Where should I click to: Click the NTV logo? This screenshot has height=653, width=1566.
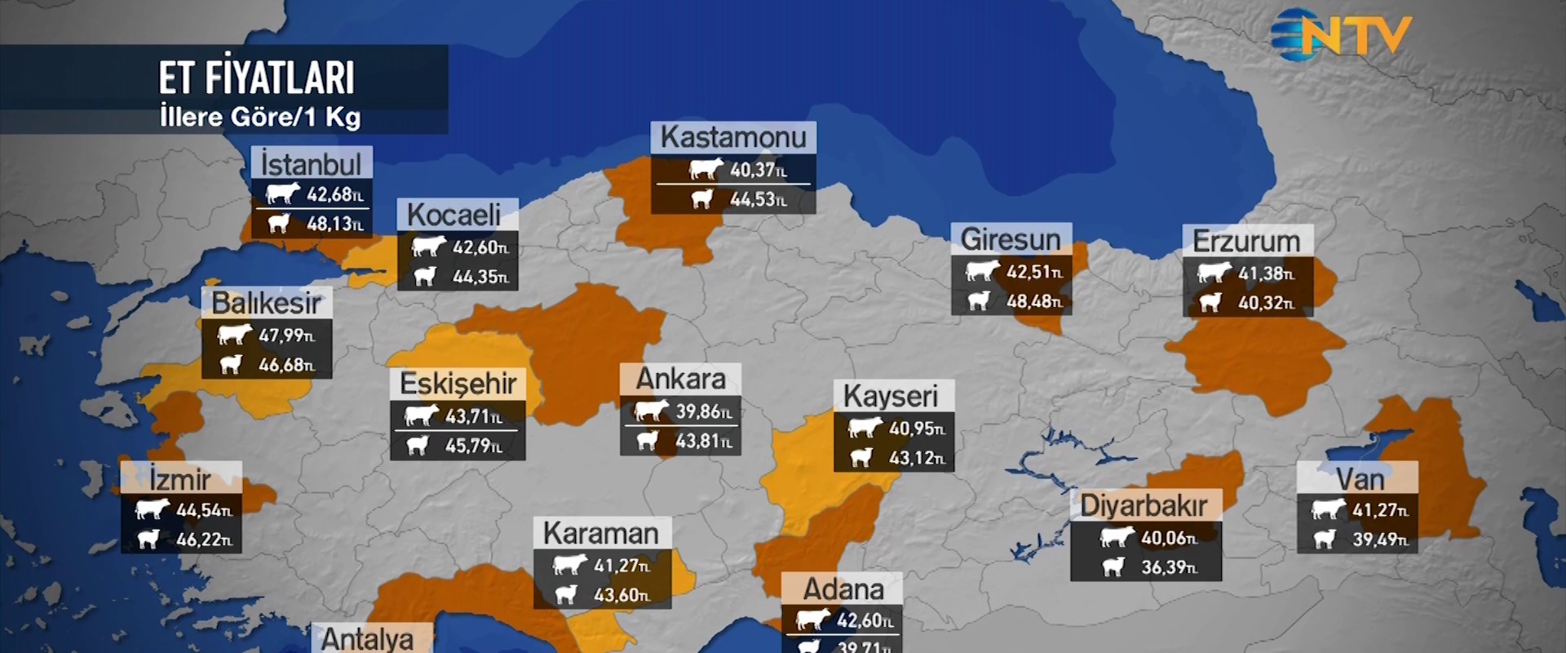pos(1342,35)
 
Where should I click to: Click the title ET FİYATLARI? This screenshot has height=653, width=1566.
pos(256,78)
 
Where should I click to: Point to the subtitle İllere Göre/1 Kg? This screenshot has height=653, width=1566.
pos(259,117)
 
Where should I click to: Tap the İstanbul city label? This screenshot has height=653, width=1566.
pos(311,164)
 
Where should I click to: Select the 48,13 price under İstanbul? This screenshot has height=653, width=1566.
pos(334,224)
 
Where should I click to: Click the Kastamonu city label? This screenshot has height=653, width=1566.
pos(732,137)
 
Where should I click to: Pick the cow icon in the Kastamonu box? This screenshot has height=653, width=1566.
pos(706,170)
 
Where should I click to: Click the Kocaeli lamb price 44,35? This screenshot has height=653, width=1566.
pos(480,277)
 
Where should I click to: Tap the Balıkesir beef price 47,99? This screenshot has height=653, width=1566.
pos(285,335)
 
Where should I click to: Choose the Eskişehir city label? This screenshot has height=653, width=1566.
pos(458,383)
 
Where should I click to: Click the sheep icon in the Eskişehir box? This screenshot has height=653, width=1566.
pos(418,446)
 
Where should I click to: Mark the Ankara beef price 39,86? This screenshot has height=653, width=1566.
pos(703,411)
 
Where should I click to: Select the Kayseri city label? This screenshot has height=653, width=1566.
pos(891,396)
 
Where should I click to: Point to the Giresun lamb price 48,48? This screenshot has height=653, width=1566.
pos(1033,301)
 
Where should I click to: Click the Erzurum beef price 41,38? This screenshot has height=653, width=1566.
pos(1265,273)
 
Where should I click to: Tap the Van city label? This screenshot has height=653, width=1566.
pos(1360,478)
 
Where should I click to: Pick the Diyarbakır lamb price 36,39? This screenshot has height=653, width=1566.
pos(1168,567)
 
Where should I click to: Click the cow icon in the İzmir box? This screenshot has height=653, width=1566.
pos(152,510)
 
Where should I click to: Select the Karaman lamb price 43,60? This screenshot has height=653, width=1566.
pos(621,595)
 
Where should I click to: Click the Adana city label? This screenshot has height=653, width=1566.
pos(843,589)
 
